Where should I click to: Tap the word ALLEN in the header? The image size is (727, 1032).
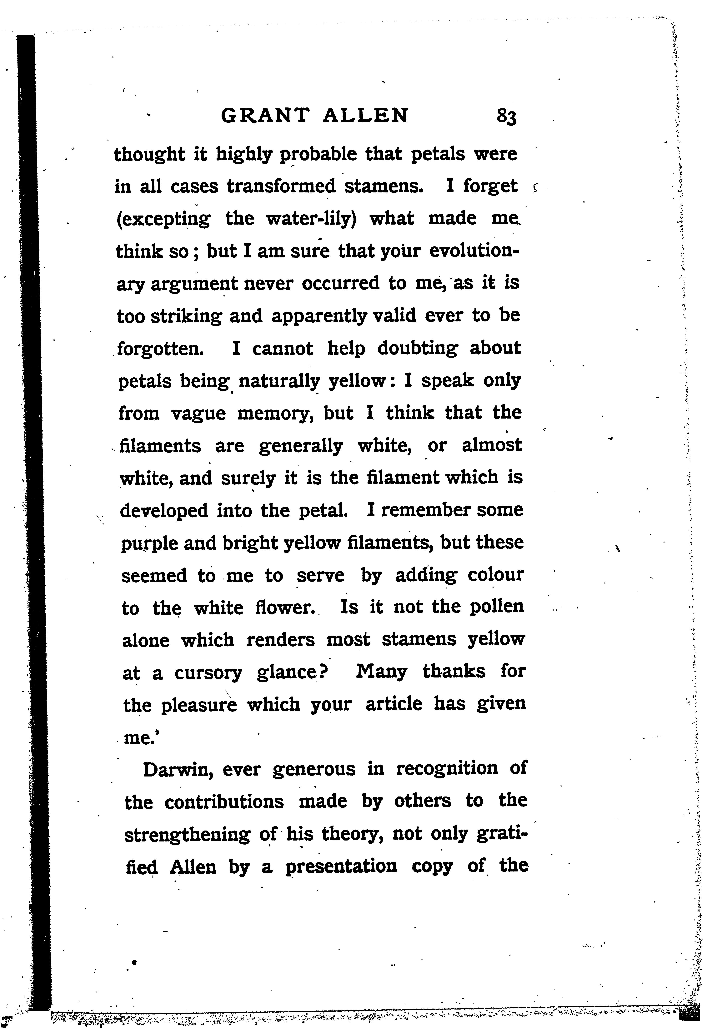366,116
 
